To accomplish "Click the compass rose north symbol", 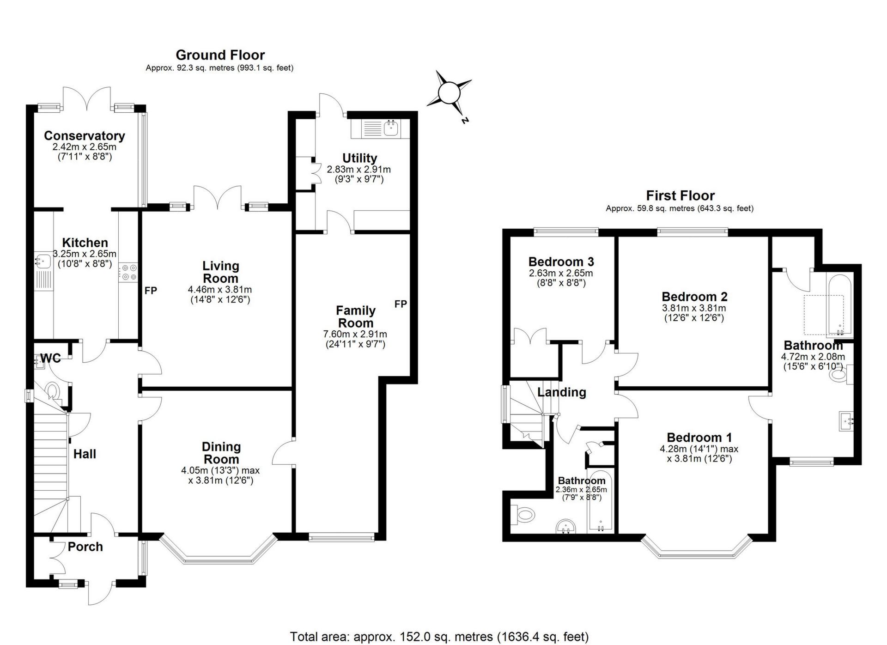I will coord(447,94).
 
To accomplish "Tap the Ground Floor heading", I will coord(220,55).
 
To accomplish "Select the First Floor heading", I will coord(680,195).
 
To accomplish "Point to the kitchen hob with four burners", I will coord(128,272).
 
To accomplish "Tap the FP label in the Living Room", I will coord(151,291).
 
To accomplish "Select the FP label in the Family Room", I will coord(401,304).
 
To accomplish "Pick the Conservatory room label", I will coord(85,136).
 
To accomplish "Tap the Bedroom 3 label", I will coord(561,262).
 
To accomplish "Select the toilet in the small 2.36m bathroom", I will coord(523,514).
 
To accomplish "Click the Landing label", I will coord(561,392).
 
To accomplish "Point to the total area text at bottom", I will coord(439,637).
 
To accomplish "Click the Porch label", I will coord(85,547).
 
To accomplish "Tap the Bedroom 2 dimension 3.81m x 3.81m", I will coord(694,308).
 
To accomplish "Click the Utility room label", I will coord(359,158).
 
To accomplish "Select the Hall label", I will coord(85,454).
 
